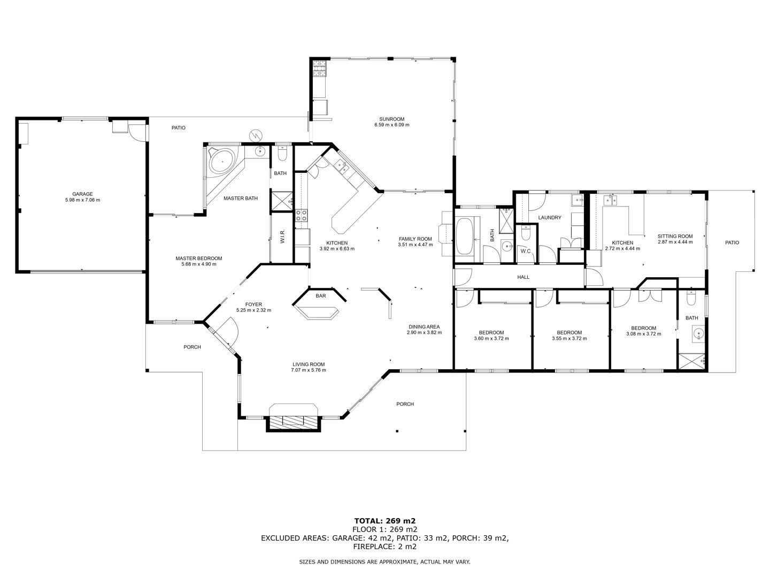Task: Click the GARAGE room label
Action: (x=82, y=194)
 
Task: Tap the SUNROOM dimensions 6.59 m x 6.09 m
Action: (x=392, y=125)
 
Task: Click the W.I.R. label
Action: (x=282, y=235)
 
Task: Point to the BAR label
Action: (x=321, y=296)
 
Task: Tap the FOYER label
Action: (x=253, y=305)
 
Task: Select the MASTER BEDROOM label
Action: (x=199, y=258)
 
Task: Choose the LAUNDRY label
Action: (x=550, y=218)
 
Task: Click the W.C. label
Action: (x=526, y=252)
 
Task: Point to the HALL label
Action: (x=523, y=277)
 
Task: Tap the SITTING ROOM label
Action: (x=675, y=236)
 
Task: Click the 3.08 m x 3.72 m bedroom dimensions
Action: (x=644, y=334)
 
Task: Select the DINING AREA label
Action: (x=424, y=326)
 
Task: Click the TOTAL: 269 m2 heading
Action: (x=385, y=521)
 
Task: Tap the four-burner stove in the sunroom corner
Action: (x=319, y=69)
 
